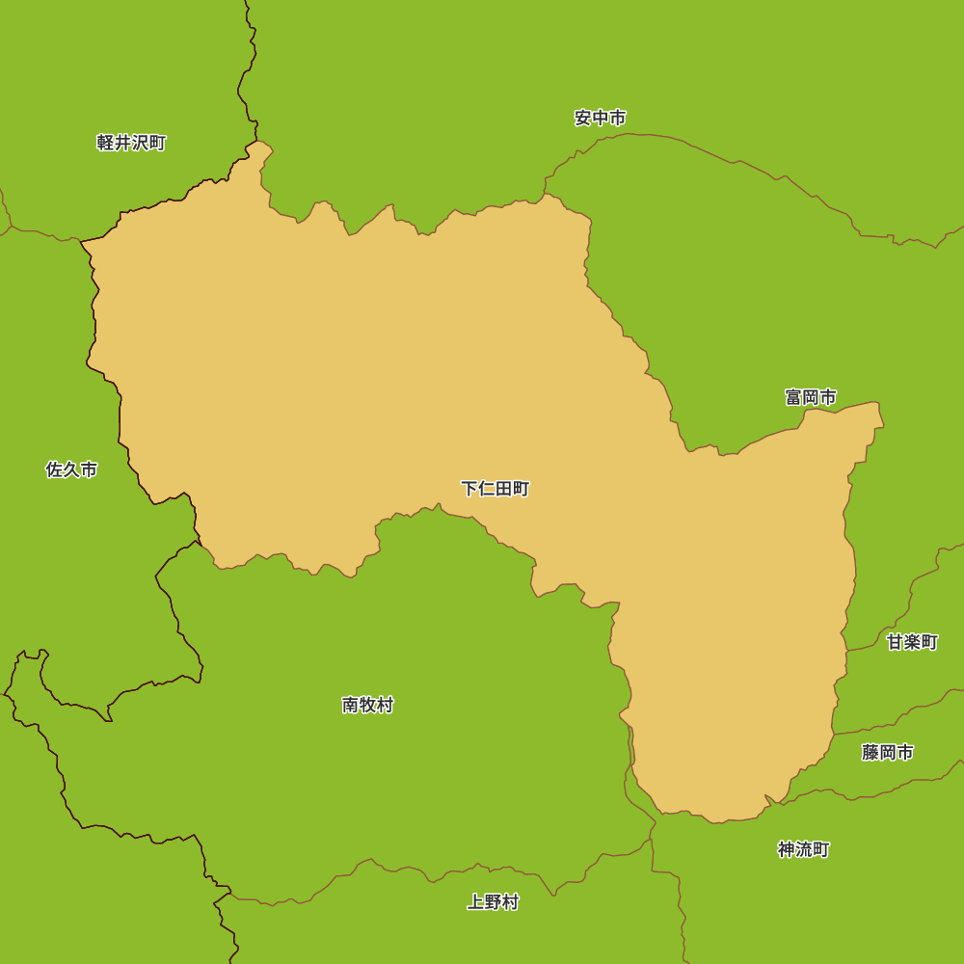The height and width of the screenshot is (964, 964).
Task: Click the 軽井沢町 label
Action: pyautogui.click(x=132, y=143)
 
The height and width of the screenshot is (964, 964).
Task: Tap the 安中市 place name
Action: pyautogui.click(x=601, y=118)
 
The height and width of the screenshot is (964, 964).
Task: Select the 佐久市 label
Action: pyautogui.click(x=72, y=469)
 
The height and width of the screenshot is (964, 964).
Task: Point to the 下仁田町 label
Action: pyautogui.click(x=495, y=489)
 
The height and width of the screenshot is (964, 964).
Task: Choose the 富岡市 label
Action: pyautogui.click(x=811, y=397)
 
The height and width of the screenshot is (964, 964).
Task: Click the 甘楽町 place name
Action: pyautogui.click(x=913, y=642)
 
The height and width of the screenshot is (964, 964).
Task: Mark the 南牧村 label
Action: pyautogui.click(x=368, y=705)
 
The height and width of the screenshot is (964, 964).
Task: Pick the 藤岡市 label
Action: pyautogui.click(x=888, y=753)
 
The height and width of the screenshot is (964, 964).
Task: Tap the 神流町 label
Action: pyautogui.click(x=804, y=849)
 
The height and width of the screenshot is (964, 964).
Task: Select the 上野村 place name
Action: pyautogui.click(x=494, y=902)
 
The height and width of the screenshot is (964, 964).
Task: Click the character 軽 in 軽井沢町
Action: pyautogui.click(x=106, y=143)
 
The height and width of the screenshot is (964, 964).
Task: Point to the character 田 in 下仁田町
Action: pyautogui.click(x=504, y=489)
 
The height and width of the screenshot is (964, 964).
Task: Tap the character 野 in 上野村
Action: pyautogui.click(x=494, y=902)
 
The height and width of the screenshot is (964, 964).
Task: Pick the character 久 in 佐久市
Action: pyautogui.click(x=72, y=469)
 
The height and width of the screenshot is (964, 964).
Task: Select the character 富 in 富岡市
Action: pyautogui.click(x=793, y=397)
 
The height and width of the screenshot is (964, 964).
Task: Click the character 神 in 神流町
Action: pyautogui.click(x=787, y=849)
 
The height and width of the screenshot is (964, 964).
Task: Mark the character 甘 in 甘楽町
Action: pyautogui.click(x=896, y=642)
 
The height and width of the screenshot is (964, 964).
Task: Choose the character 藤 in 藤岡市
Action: pyautogui.click(x=870, y=753)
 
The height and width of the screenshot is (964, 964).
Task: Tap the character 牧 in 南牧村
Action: pyautogui.click(x=368, y=705)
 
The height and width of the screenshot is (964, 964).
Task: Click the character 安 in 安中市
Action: pyautogui.click(x=583, y=118)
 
